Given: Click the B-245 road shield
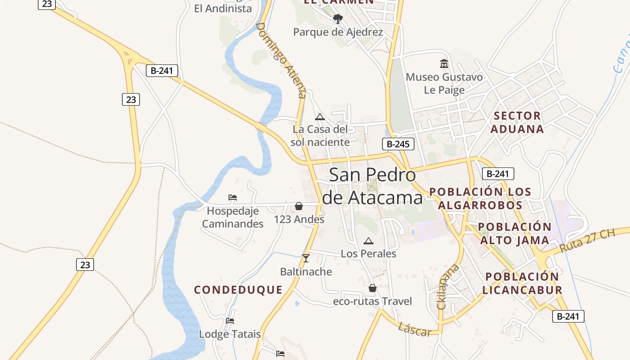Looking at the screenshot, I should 398,144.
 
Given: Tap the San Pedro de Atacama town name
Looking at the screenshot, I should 373,186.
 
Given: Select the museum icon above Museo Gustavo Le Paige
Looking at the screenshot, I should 444,64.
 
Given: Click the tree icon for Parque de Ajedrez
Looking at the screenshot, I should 338,19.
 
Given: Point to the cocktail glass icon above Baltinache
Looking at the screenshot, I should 306,258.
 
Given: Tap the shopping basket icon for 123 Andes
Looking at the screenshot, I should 299,206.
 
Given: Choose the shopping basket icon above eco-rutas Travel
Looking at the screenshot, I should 372,288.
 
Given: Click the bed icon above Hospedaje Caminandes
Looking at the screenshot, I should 232,198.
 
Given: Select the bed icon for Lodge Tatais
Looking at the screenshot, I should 230,320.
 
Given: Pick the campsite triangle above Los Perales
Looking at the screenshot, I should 369,241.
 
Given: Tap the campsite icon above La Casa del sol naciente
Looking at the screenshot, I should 320,117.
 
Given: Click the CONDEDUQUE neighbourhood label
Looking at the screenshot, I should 238,290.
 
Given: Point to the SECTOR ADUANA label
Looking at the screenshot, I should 517,122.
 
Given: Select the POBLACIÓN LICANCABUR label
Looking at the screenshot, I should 522,283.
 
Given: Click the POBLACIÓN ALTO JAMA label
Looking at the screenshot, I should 515,233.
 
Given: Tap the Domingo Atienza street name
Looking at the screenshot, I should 281,60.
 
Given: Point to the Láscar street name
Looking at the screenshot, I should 414,329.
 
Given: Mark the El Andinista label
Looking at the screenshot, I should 223,9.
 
